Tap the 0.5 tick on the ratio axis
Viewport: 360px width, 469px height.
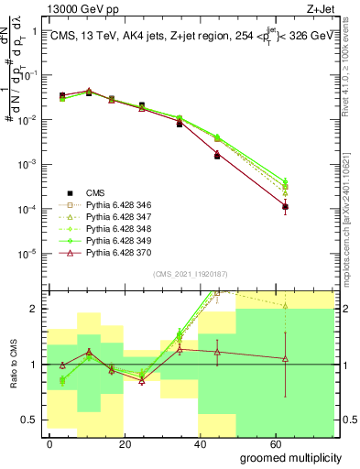[31, 420]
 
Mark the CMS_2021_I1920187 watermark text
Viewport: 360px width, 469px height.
[190, 274]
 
